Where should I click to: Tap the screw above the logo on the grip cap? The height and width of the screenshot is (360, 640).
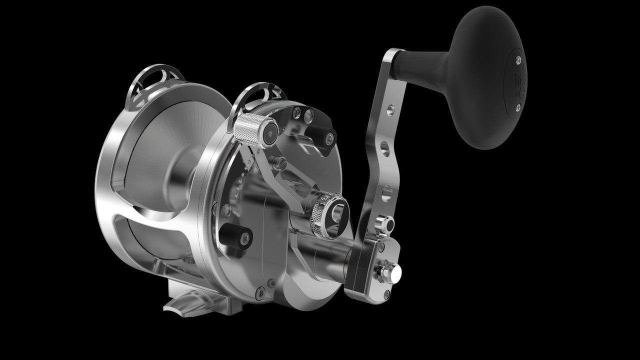(x=518, y=60)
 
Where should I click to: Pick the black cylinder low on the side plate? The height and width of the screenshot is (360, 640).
(x=236, y=234)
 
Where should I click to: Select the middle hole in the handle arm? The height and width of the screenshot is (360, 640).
(x=384, y=147)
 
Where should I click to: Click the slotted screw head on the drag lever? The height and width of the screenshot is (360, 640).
(x=281, y=162)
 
